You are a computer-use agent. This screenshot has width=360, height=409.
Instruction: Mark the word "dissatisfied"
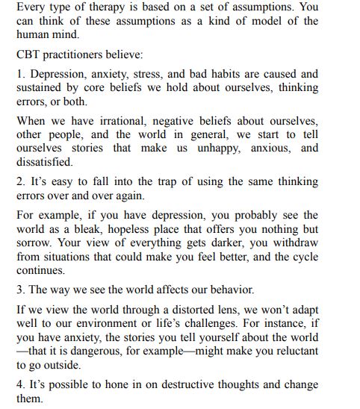pos(44,161)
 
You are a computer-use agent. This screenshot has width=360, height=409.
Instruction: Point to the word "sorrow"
pos(36,242)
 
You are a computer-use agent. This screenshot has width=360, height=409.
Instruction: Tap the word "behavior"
pos(229,290)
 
